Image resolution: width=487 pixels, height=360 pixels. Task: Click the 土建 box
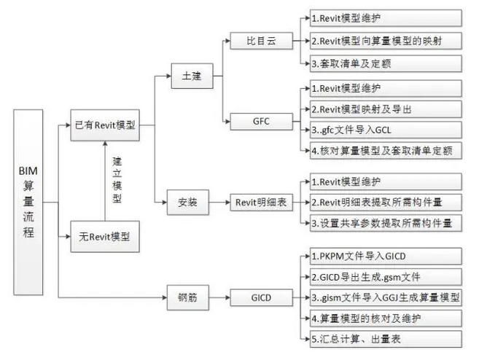[192, 74]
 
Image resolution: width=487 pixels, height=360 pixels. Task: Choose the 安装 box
[192, 201]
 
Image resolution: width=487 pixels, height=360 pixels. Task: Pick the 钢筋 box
[192, 297]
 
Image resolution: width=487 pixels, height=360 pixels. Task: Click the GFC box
[260, 120]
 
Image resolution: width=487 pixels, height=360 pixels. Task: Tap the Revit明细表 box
[260, 201]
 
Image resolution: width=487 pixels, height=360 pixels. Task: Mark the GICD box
[260, 297]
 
